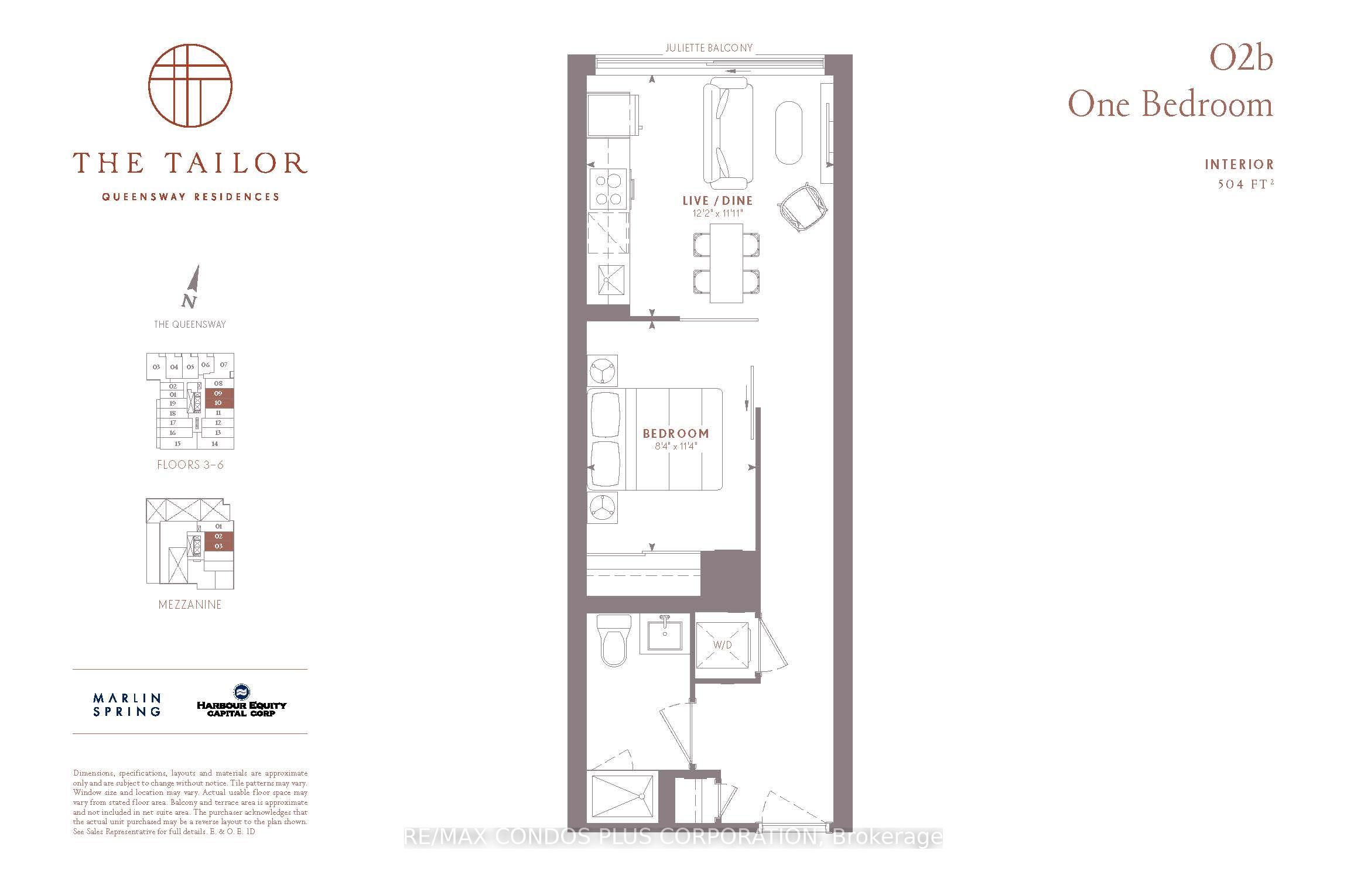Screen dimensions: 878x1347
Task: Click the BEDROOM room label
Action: click(676, 434)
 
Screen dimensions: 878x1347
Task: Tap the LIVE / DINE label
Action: click(717, 201)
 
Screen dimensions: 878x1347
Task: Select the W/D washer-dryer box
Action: click(723, 645)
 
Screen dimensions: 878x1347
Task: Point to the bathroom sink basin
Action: click(665, 635)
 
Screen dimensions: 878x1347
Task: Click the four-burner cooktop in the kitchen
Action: click(608, 190)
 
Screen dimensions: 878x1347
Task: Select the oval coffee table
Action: click(790, 133)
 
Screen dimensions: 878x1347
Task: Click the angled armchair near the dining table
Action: click(804, 208)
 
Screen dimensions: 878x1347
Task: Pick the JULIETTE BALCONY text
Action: click(709, 48)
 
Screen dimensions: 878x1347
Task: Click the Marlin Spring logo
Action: click(127, 705)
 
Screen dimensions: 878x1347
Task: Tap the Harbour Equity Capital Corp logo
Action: click(241, 701)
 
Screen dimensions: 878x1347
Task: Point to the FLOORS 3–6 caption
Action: click(190, 465)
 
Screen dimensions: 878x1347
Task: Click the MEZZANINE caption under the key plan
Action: click(190, 605)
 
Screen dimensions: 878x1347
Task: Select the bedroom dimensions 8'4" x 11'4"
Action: click(676, 447)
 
